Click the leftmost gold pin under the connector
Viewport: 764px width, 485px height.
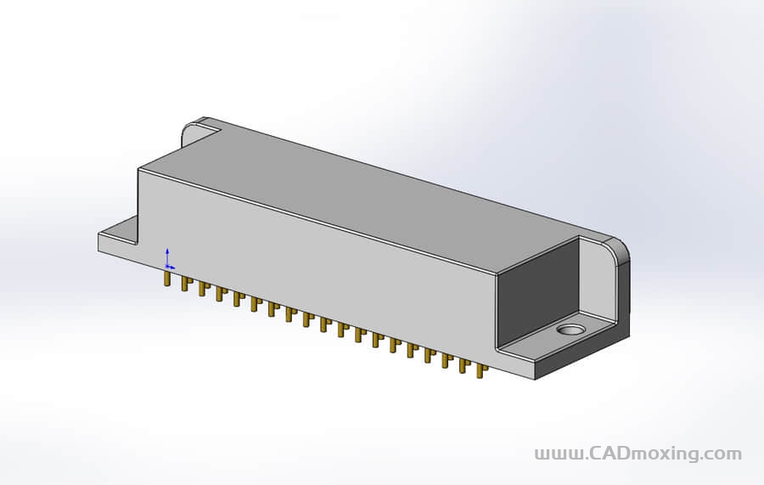pos(167,279)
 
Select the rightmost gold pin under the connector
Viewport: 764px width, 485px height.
pos(481,370)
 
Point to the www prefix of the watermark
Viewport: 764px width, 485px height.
pos(558,454)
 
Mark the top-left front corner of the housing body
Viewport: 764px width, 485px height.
pos(139,169)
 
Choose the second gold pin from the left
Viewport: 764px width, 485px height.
pos(184,284)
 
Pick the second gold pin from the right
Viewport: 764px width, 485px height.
pos(464,365)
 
